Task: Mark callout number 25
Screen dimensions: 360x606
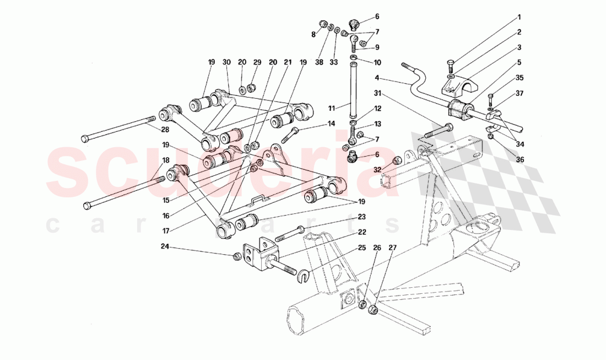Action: coord(362,248)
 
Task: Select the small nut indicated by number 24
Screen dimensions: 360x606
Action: coord(236,256)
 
